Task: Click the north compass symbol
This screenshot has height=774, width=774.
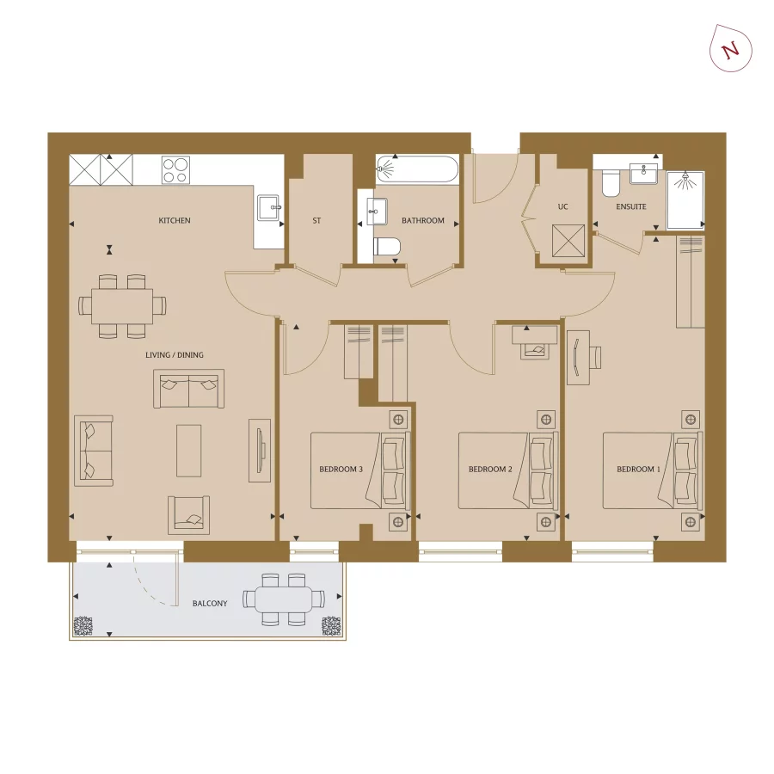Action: click(x=730, y=49)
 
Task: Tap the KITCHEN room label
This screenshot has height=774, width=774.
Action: click(x=175, y=221)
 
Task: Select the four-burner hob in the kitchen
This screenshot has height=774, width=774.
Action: click(x=175, y=169)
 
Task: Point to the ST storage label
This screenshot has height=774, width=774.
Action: click(x=316, y=221)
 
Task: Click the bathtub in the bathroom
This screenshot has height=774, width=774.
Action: click(x=419, y=169)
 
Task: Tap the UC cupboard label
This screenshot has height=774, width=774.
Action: click(x=563, y=207)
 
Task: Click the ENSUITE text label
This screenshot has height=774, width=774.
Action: click(x=630, y=207)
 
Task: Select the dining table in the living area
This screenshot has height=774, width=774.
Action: click(x=122, y=305)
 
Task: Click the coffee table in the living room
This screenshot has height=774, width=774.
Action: click(x=189, y=450)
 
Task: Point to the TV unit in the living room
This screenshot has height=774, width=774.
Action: click(x=259, y=450)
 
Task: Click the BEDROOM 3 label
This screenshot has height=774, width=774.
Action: click(x=341, y=470)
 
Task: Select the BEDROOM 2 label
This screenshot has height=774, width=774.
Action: click(x=490, y=470)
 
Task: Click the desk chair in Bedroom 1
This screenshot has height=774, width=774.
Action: click(x=595, y=357)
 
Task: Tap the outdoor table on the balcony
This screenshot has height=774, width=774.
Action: click(x=284, y=599)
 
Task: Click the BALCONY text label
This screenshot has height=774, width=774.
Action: click(x=210, y=604)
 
